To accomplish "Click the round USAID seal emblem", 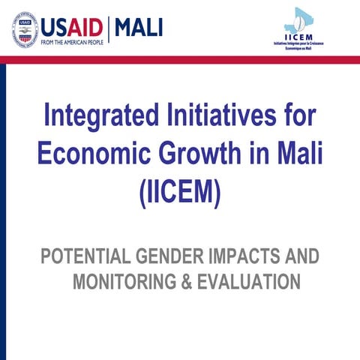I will pos(25,29).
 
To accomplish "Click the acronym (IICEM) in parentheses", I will pos(180,192).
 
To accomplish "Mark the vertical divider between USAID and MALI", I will pos(110,29).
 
